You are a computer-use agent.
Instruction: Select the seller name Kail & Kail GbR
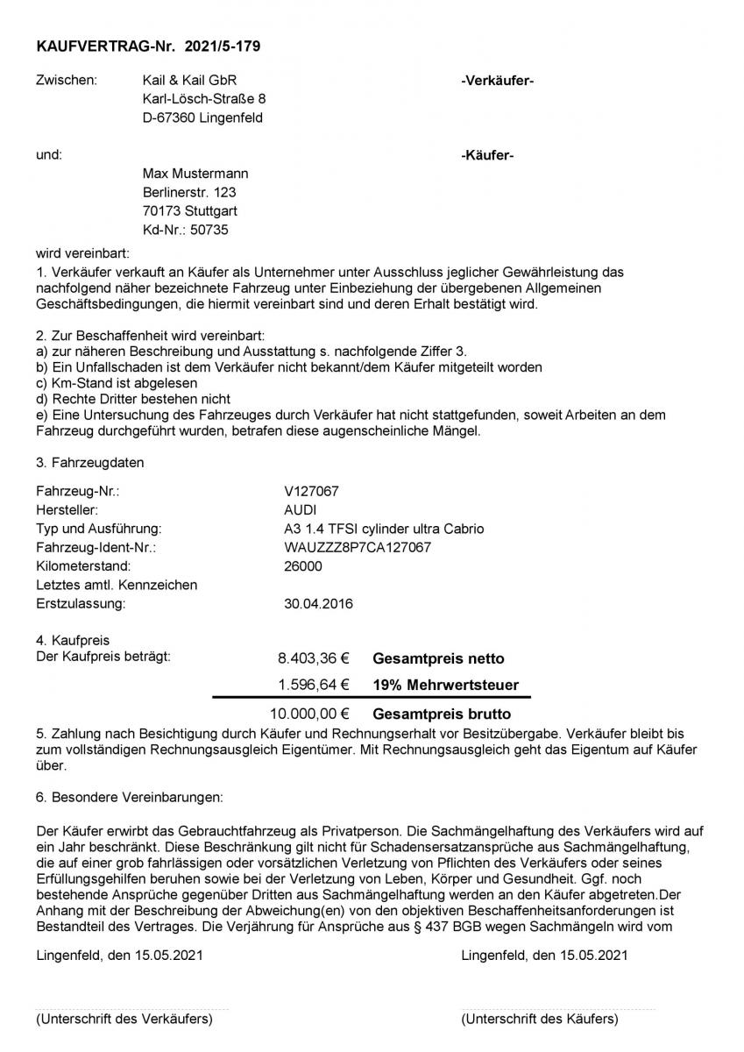click(x=189, y=80)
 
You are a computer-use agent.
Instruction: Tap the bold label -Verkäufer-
click(x=497, y=81)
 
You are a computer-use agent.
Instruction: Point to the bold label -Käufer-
click(x=487, y=156)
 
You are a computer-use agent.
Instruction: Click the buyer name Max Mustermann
click(x=195, y=174)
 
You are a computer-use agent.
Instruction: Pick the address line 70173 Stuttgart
click(x=190, y=211)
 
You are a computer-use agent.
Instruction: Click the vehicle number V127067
click(x=301, y=492)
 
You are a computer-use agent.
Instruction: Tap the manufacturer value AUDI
click(x=289, y=510)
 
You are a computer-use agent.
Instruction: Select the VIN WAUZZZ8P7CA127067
click(x=352, y=548)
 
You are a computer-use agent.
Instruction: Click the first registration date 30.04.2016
click(x=313, y=603)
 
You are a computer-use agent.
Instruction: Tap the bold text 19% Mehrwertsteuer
click(x=445, y=685)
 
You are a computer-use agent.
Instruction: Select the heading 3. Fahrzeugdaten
click(x=91, y=462)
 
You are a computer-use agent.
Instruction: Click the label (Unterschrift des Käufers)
click(x=540, y=1019)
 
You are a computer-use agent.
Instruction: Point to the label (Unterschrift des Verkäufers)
click(x=124, y=1019)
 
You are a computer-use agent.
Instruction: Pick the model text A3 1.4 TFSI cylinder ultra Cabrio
click(x=379, y=529)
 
